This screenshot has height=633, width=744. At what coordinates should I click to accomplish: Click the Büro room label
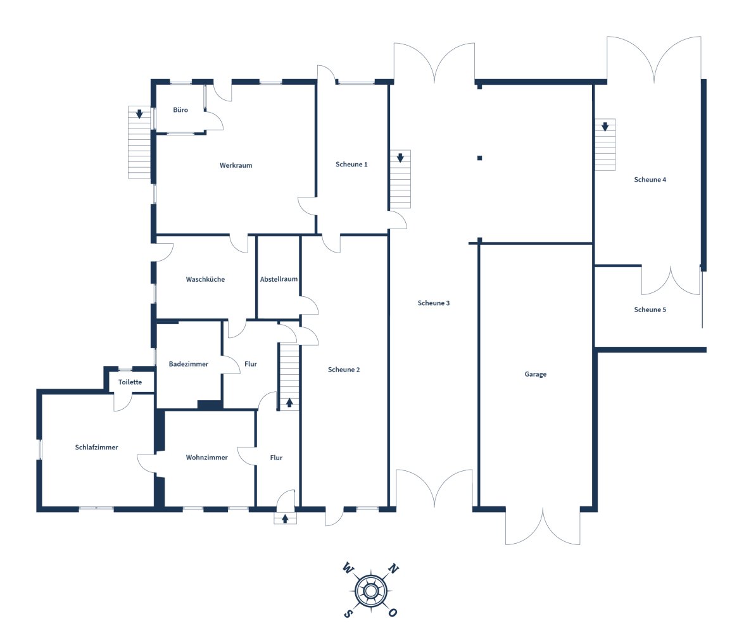[180, 110]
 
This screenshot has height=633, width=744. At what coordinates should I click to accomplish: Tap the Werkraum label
[236, 166]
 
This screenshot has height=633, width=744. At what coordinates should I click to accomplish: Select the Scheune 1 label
[351, 165]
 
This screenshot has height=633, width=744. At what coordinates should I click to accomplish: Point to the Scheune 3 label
[434, 303]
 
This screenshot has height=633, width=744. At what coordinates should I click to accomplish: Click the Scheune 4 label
[650, 180]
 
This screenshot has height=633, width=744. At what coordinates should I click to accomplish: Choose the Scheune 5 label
[650, 310]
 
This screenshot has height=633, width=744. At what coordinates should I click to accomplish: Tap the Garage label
[536, 374]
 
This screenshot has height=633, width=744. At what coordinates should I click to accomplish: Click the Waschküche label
[205, 280]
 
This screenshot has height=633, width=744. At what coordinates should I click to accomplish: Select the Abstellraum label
[279, 280]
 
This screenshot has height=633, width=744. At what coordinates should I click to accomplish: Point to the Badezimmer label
[189, 365]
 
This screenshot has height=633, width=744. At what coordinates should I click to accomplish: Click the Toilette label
[130, 382]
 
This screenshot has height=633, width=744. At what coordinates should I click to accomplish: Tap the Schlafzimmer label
[97, 448]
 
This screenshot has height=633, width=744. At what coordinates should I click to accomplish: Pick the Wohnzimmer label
[207, 458]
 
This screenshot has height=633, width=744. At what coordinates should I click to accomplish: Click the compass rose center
[371, 591]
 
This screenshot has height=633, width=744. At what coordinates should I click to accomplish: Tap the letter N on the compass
[394, 568]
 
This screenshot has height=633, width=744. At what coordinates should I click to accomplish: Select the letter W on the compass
[348, 568]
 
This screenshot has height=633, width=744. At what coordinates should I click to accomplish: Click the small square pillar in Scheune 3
[480, 158]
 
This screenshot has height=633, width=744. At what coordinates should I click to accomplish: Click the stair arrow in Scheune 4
[605, 127]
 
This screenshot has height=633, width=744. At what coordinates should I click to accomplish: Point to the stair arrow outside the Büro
[139, 114]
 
